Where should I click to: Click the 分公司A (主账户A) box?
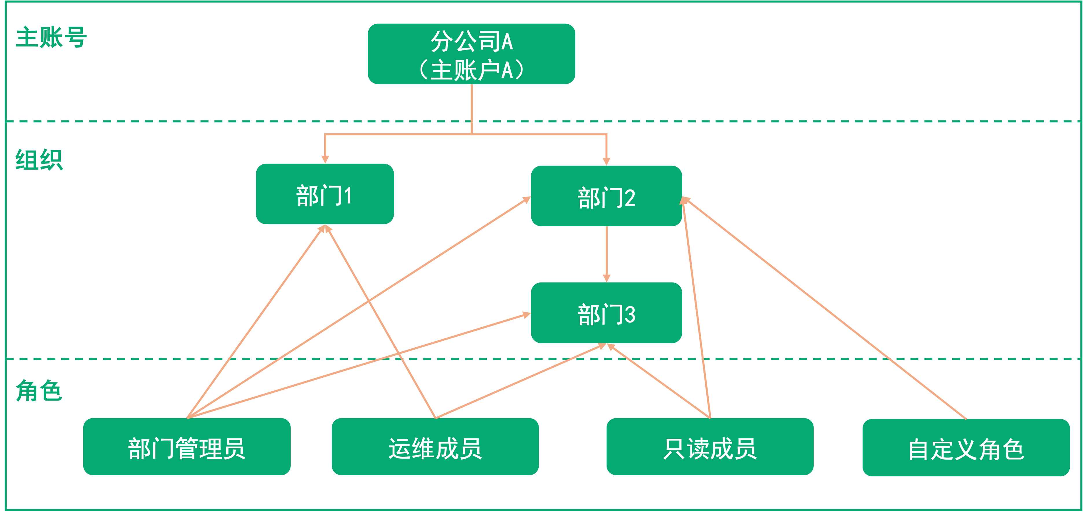[471, 54]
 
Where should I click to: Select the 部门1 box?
[325, 194]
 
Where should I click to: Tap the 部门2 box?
[606, 196]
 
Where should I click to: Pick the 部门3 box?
[606, 313]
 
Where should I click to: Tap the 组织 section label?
[39, 160]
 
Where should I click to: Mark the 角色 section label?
[39, 390]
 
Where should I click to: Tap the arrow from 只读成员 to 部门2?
[696, 307]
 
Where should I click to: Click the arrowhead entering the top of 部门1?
[325, 159]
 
